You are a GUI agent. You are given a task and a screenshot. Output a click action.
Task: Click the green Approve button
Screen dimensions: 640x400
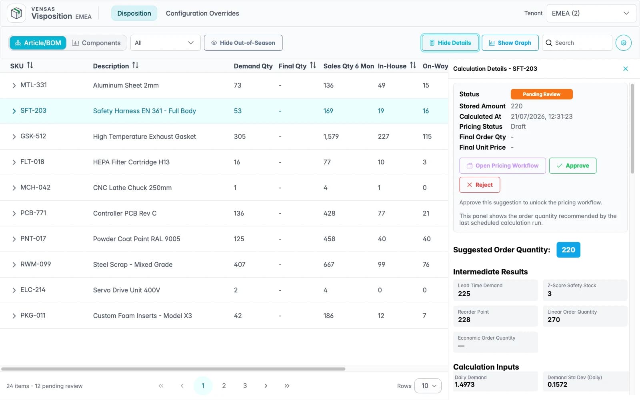click(x=572, y=166)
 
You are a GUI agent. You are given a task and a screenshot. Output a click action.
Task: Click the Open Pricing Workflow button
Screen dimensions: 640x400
click(x=502, y=166)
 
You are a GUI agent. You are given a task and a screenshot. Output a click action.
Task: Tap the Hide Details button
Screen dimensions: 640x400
click(x=450, y=43)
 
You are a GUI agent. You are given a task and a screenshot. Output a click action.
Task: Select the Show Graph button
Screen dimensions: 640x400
click(x=510, y=43)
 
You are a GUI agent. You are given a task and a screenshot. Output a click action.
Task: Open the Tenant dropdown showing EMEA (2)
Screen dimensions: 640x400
click(x=591, y=13)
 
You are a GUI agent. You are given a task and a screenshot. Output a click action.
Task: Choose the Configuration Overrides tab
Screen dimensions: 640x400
click(x=202, y=13)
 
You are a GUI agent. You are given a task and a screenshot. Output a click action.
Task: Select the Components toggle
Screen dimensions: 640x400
click(x=96, y=43)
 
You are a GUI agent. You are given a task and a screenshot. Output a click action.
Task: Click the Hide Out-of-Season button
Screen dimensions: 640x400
click(x=243, y=43)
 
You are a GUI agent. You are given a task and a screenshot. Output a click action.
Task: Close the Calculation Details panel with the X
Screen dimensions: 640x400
click(x=626, y=68)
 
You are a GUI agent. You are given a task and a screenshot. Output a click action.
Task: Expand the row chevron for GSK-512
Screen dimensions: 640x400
click(x=14, y=136)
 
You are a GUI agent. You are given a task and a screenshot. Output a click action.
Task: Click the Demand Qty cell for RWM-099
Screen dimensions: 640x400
click(x=240, y=264)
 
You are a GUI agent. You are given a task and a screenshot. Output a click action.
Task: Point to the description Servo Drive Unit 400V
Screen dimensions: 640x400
click(x=126, y=290)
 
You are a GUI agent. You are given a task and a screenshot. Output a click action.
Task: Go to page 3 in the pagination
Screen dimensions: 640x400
click(x=245, y=386)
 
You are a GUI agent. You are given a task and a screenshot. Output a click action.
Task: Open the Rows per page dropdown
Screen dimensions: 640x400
click(x=428, y=386)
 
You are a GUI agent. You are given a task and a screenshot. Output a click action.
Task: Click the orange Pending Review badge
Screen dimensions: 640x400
click(x=542, y=94)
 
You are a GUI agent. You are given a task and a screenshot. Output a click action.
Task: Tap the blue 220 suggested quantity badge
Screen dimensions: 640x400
click(x=568, y=250)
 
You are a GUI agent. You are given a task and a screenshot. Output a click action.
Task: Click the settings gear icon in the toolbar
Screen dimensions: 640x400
click(x=624, y=43)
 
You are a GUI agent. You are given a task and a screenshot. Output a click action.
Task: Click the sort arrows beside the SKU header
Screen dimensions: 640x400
click(x=30, y=66)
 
